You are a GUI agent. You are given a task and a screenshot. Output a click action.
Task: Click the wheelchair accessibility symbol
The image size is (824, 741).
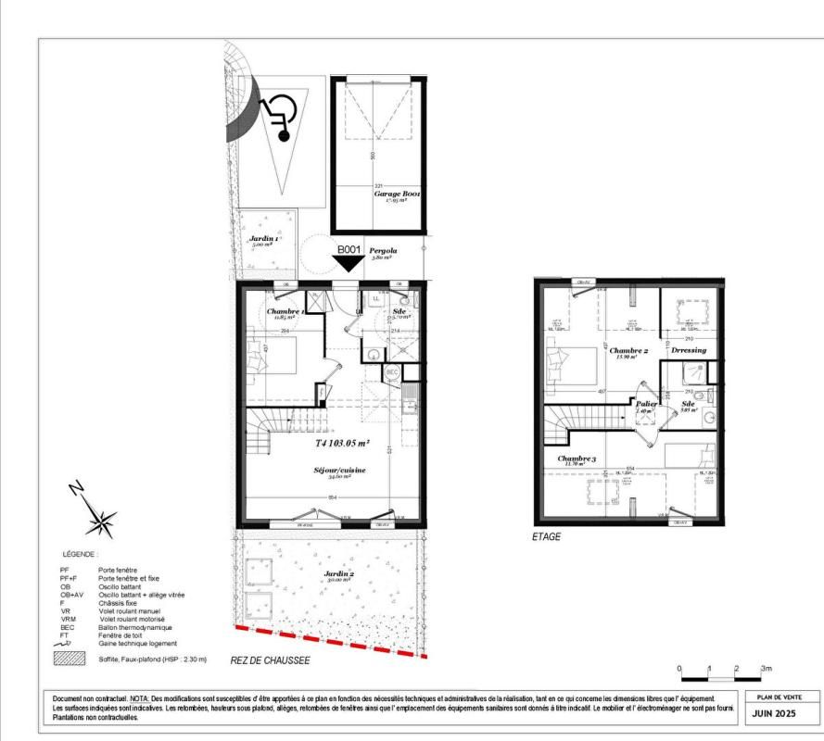[x=276, y=118]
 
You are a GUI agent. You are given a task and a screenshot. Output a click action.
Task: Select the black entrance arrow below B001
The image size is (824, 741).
[x=349, y=263]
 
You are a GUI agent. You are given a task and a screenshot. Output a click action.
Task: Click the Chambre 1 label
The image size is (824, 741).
[x=285, y=312]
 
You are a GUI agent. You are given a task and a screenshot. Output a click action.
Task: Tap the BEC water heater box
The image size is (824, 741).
[x=392, y=371]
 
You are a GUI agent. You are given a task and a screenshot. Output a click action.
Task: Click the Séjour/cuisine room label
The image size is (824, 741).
[x=338, y=471]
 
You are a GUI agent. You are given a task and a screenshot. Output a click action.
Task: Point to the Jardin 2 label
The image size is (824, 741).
[x=338, y=575]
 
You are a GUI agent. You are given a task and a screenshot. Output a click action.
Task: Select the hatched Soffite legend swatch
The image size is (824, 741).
[x=71, y=659]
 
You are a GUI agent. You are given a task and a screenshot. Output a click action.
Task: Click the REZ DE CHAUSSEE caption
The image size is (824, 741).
[x=270, y=661]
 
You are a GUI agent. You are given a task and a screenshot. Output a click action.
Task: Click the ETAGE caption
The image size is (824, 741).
[x=547, y=536]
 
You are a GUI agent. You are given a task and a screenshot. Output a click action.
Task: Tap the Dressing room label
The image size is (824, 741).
[x=689, y=350]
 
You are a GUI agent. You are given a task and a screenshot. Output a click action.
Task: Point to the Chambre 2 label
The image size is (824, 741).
[x=627, y=350]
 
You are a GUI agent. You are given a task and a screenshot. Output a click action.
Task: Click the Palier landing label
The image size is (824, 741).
[x=646, y=404]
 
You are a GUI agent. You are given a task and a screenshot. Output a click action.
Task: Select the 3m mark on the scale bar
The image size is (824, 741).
[x=766, y=667]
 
